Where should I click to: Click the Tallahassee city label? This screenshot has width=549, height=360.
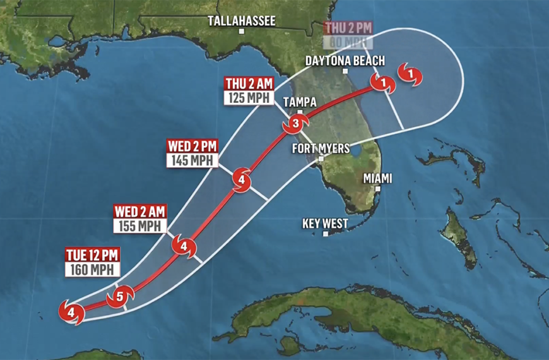242,21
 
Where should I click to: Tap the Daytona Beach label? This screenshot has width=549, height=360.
345,61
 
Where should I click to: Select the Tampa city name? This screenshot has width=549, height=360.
300,102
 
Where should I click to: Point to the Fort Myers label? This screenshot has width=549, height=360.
321,148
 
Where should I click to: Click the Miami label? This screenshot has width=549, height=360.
377,179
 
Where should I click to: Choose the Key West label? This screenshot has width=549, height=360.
326,224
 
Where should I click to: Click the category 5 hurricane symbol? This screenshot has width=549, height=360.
120,297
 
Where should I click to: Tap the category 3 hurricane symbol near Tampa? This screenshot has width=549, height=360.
295,124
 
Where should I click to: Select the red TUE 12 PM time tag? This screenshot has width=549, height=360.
92,255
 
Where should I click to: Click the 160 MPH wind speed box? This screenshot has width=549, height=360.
92,270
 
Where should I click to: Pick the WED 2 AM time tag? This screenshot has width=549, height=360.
140,211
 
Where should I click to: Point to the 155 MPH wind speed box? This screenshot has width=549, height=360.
140,225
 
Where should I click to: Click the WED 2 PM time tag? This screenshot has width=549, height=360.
192,146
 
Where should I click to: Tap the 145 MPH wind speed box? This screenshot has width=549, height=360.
192,160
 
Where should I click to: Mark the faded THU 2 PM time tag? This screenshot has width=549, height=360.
348,28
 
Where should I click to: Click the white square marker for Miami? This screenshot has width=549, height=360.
378,188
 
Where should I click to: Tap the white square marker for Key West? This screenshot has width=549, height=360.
326,234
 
